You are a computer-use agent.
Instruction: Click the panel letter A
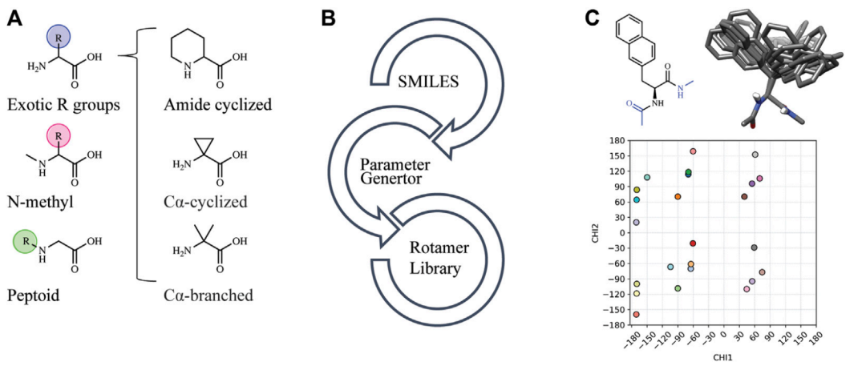(16, 18)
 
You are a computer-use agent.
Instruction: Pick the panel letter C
(592, 18)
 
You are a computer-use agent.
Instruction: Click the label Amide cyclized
(218, 103)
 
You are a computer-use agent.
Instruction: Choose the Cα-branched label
(208, 295)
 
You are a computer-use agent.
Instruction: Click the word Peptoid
(34, 296)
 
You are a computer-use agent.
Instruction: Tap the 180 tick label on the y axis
(621, 141)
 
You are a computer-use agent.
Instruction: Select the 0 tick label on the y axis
(625, 233)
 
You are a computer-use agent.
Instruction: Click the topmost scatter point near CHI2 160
(693, 151)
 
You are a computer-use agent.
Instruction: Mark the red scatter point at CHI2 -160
(636, 314)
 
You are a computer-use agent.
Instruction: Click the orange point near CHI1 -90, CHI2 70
(678, 197)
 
